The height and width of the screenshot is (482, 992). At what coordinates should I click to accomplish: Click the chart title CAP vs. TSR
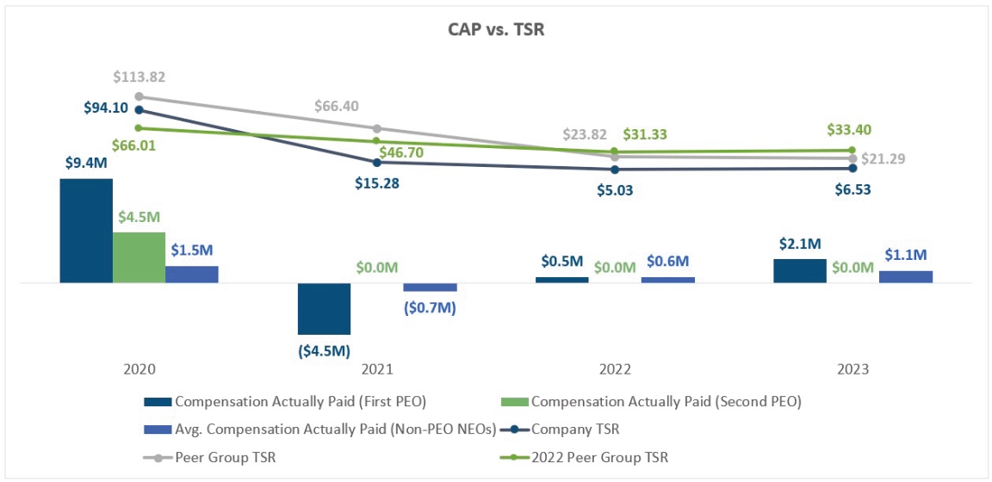pyautogui.click(x=495, y=29)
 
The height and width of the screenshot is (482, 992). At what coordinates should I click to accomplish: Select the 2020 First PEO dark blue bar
pyautogui.click(x=86, y=231)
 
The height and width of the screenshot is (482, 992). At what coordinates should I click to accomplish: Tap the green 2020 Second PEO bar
pyautogui.click(x=139, y=257)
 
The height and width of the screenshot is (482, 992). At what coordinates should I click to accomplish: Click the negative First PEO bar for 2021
pyautogui.click(x=324, y=308)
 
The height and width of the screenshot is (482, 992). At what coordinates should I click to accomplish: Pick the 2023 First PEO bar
pyautogui.click(x=799, y=270)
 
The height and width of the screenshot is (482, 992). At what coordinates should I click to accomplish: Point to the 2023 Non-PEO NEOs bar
pyautogui.click(x=905, y=276)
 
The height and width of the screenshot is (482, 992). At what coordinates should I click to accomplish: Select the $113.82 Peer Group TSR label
pyautogui.click(x=139, y=77)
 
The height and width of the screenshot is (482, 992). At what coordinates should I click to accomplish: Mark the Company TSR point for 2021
pyautogui.click(x=376, y=162)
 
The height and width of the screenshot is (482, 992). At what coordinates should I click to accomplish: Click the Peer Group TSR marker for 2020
pyautogui.click(x=139, y=96)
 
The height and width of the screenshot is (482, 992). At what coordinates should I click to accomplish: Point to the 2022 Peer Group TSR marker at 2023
pyautogui.click(x=852, y=150)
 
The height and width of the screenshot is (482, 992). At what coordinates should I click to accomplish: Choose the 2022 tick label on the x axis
pyautogui.click(x=615, y=369)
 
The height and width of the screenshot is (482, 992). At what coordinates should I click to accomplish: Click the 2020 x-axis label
pyautogui.click(x=139, y=369)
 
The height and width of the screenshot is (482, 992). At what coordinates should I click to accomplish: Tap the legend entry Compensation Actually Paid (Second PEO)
pyautogui.click(x=654, y=401)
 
